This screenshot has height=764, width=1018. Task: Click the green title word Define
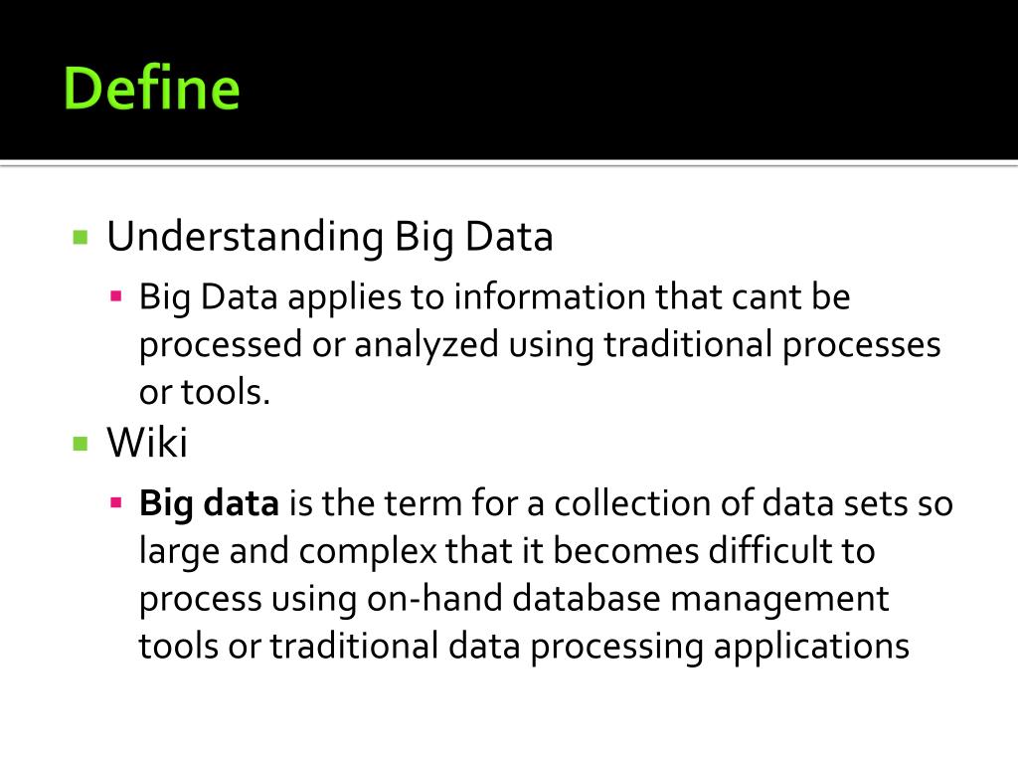click(151, 89)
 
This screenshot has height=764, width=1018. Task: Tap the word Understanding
click(245, 237)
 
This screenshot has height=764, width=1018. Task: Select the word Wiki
click(147, 443)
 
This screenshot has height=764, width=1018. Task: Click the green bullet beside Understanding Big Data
click(82, 238)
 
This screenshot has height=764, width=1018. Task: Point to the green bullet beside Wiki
click(82, 444)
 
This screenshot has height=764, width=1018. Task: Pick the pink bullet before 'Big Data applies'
click(116, 295)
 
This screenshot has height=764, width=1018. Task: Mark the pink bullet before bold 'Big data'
click(116, 502)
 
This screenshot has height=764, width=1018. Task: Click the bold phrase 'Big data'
click(209, 503)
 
